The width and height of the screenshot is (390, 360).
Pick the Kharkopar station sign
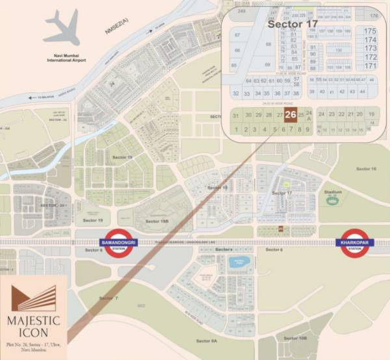pos(354,243)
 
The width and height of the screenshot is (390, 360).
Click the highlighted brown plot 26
pos(291,115)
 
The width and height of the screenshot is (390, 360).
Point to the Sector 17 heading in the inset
pos(292,23)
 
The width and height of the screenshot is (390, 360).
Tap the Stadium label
pos(333,192)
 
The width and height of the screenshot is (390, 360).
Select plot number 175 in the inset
pos(370,31)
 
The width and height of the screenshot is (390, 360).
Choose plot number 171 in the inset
pos(370,66)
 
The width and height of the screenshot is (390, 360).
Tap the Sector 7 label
pos(109,297)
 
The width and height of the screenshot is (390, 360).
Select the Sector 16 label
pos(365,169)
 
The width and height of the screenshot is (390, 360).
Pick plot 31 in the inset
pos(236,116)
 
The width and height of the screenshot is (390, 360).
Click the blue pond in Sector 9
pos(235,263)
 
